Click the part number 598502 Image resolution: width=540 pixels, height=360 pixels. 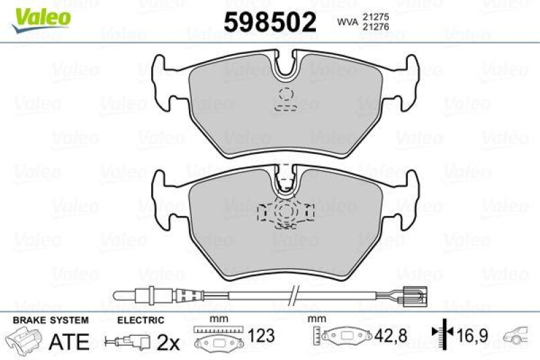[269, 22]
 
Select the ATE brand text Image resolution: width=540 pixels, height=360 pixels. [70, 342]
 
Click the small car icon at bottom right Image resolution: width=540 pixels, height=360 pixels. [520, 334]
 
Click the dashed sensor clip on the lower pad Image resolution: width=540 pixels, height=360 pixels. [286, 213]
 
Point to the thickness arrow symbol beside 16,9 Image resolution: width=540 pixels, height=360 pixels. [442, 334]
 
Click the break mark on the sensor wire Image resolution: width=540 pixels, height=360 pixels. [292, 294]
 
